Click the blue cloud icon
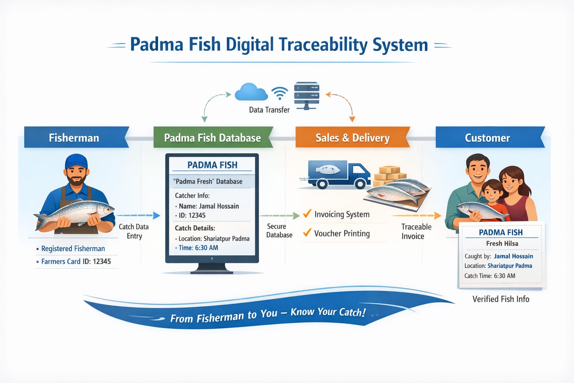pyautogui.click(x=251, y=92)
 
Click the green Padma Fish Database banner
pyautogui.click(x=212, y=138)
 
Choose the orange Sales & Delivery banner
pyautogui.click(x=352, y=138)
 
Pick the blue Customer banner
pyautogui.click(x=488, y=138)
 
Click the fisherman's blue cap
pyautogui.click(x=76, y=162)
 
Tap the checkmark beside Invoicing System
pyautogui.click(x=307, y=214)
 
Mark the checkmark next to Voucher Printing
pyautogui.click(x=307, y=232)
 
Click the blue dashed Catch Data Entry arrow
pyautogui.click(x=138, y=215)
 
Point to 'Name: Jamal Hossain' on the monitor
pyautogui.click(x=209, y=206)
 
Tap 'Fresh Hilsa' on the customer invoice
pyautogui.click(x=502, y=243)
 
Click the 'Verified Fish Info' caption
pyautogui.click(x=501, y=299)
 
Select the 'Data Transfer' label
pyautogui.click(x=269, y=110)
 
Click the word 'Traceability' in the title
pyautogui.click(x=323, y=45)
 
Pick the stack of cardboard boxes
pyautogui.click(x=390, y=175)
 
